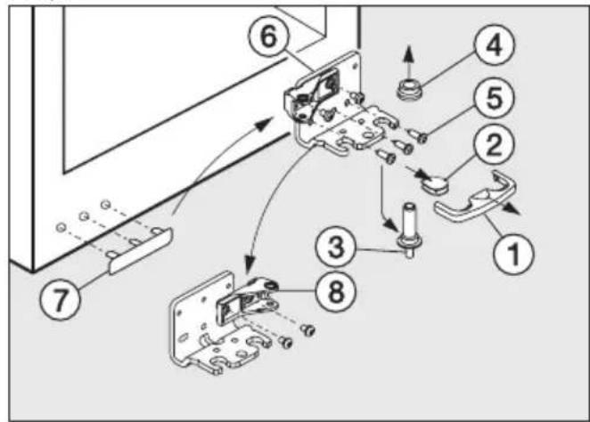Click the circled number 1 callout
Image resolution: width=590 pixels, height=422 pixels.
point(513,254)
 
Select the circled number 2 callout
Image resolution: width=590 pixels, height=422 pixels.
point(494,144)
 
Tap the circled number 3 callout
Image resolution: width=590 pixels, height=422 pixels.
point(336,248)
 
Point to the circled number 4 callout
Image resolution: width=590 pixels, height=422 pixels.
point(494,45)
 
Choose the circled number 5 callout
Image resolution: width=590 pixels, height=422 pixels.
point(494,97)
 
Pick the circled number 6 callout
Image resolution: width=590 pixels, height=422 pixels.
point(268,37)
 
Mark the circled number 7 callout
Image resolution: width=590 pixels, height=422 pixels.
point(61,299)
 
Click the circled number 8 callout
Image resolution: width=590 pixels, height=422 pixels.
point(335,292)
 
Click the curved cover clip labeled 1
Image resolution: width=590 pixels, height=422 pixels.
point(475,197)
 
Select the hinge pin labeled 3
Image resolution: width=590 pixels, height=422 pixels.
point(409,230)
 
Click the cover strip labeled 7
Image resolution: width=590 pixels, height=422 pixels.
point(141,251)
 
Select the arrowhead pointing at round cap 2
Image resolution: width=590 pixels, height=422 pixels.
point(423,174)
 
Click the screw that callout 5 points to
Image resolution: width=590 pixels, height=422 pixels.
point(418,136)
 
